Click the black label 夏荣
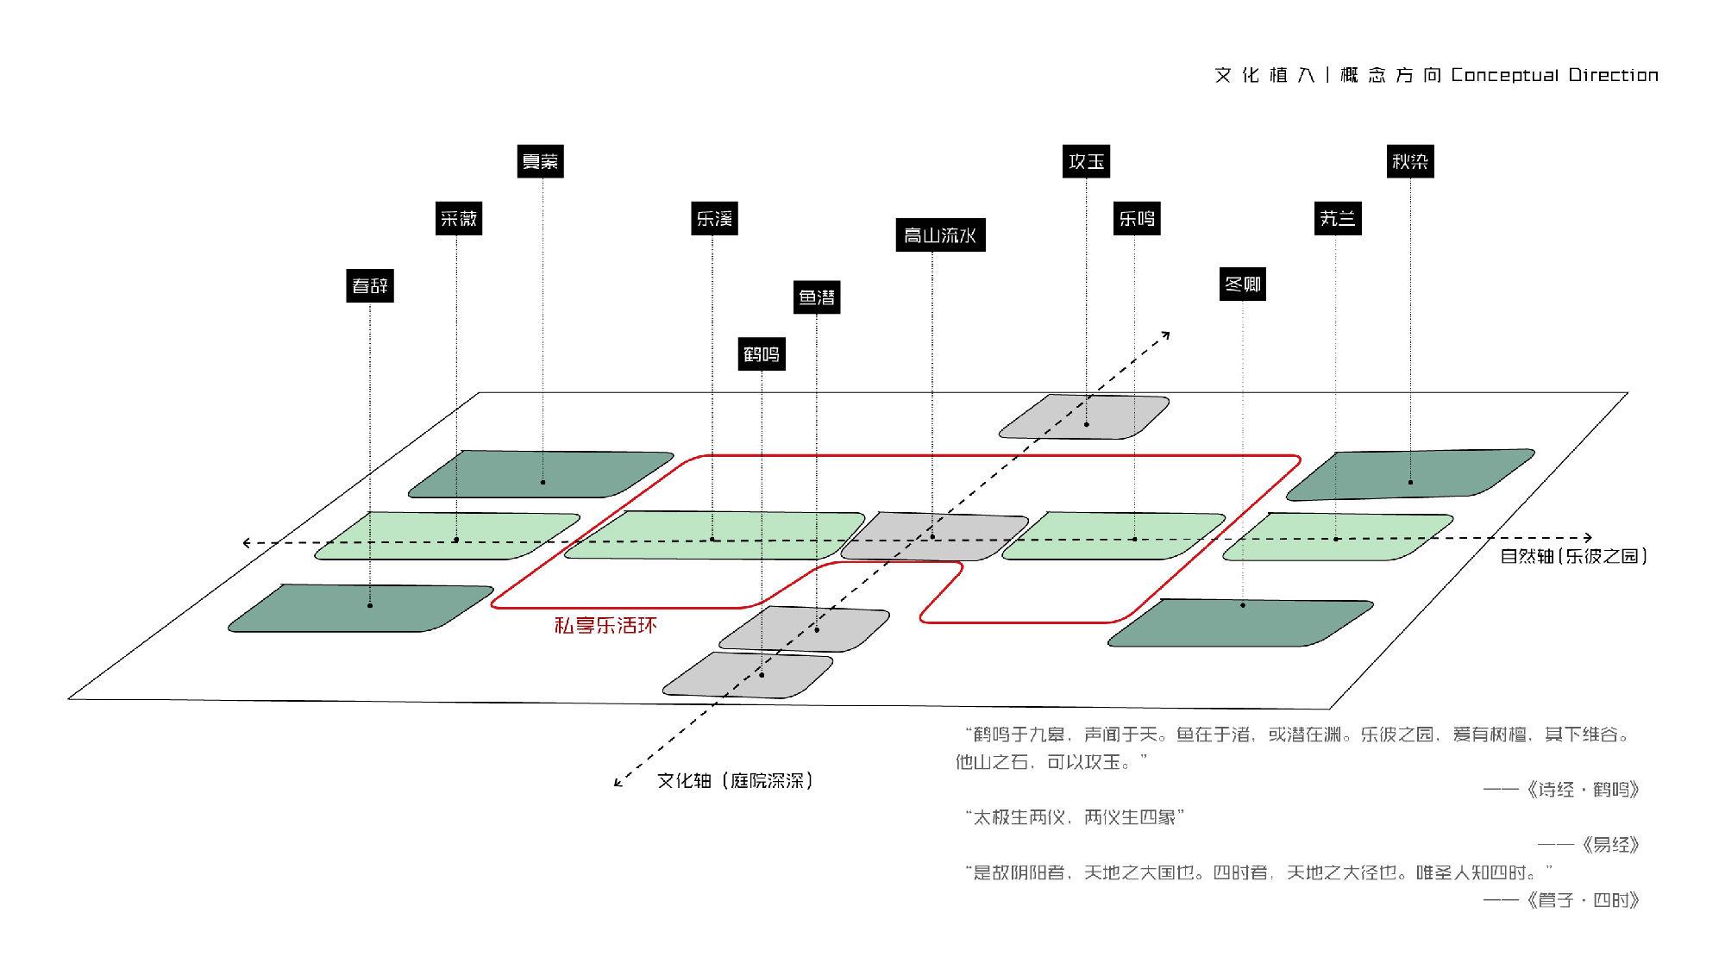tap(540, 161)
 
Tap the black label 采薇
tap(458, 218)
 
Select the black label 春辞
tap(370, 285)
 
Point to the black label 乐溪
tap(714, 218)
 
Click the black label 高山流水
tap(939, 234)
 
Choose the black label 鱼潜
tap(816, 297)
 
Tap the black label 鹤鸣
tap(761, 354)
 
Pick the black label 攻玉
tap(1086, 161)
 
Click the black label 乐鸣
tap(1137, 218)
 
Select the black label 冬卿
tap(1243, 284)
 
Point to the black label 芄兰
tap(1337, 218)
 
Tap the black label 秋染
tap(1410, 161)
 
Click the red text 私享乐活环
tap(605, 625)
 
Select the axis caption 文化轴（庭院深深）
tap(735, 781)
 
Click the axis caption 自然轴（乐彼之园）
tap(1573, 556)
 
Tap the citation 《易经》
tap(1610, 845)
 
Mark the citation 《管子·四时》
tap(1581, 900)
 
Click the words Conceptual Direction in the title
tap(1554, 75)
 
